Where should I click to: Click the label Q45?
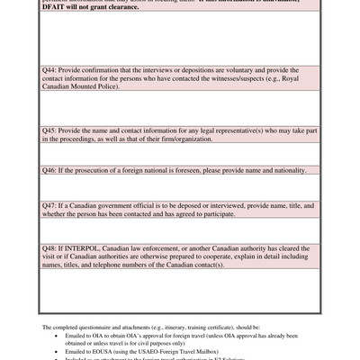point(50,130)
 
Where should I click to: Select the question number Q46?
point(50,170)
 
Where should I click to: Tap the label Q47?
point(50,205)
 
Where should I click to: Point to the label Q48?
point(50,247)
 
